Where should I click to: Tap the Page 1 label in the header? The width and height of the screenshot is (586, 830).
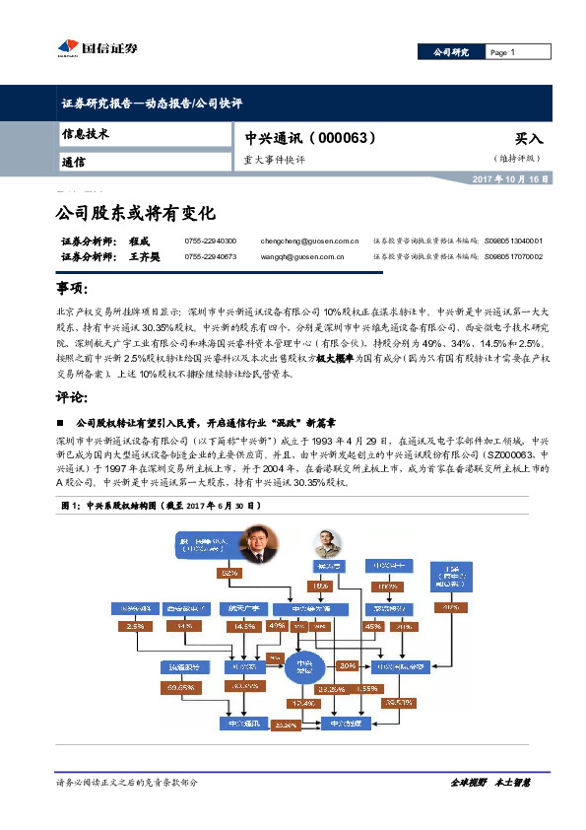pyautogui.click(x=503, y=52)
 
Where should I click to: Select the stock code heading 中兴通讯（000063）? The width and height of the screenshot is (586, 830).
pyautogui.click(x=296, y=139)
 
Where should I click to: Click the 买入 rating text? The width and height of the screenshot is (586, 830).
pyautogui.click(x=528, y=140)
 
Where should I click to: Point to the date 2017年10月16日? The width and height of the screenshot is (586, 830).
pyautogui.click(x=511, y=179)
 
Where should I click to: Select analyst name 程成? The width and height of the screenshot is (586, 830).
pyautogui.click(x=138, y=241)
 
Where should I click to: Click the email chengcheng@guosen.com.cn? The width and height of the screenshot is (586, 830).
pyautogui.click(x=309, y=241)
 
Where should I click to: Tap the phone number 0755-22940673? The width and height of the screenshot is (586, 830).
pyautogui.click(x=210, y=256)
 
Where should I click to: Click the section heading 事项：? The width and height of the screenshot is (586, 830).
pyautogui.click(x=74, y=289)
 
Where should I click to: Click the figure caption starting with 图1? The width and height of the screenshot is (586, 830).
pyautogui.click(x=159, y=505)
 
